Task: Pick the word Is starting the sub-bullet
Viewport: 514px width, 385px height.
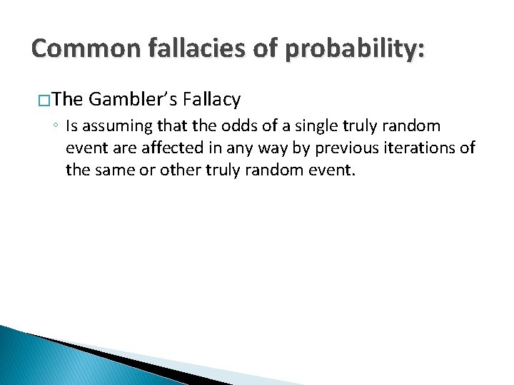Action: click(x=71, y=127)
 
